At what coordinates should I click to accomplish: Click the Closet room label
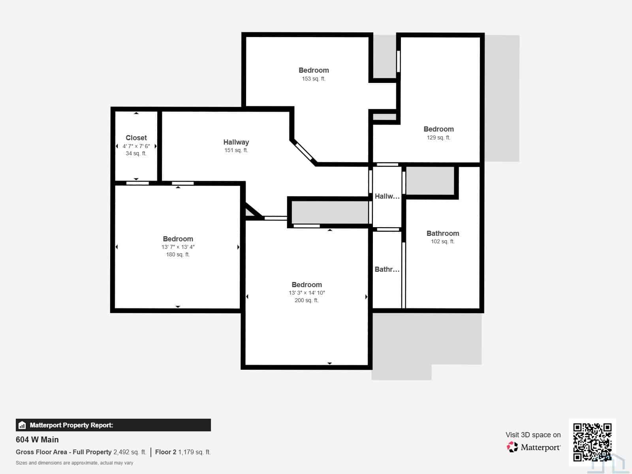(136, 138)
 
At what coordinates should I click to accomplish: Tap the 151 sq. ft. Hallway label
(236, 146)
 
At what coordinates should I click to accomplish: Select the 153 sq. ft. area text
(314, 79)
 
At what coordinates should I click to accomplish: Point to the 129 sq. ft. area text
(438, 137)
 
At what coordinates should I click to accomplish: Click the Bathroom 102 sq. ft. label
(442, 237)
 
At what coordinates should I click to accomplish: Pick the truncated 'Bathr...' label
(387, 269)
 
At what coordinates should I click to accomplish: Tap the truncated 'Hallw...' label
(387, 196)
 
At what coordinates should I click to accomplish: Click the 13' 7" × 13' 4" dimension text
(178, 247)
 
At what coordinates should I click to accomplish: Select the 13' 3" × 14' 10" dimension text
(307, 293)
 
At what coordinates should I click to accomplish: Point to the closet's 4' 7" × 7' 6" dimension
(136, 146)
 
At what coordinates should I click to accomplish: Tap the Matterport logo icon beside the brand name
(512, 447)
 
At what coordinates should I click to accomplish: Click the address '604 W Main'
(37, 440)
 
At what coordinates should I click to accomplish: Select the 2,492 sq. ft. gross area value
(130, 452)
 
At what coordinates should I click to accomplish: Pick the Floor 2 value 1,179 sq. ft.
(194, 452)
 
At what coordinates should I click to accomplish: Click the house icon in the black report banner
(22, 425)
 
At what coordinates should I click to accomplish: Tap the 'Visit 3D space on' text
(533, 435)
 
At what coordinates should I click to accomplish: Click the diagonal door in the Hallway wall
(304, 151)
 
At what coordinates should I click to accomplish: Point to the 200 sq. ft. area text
(307, 301)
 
